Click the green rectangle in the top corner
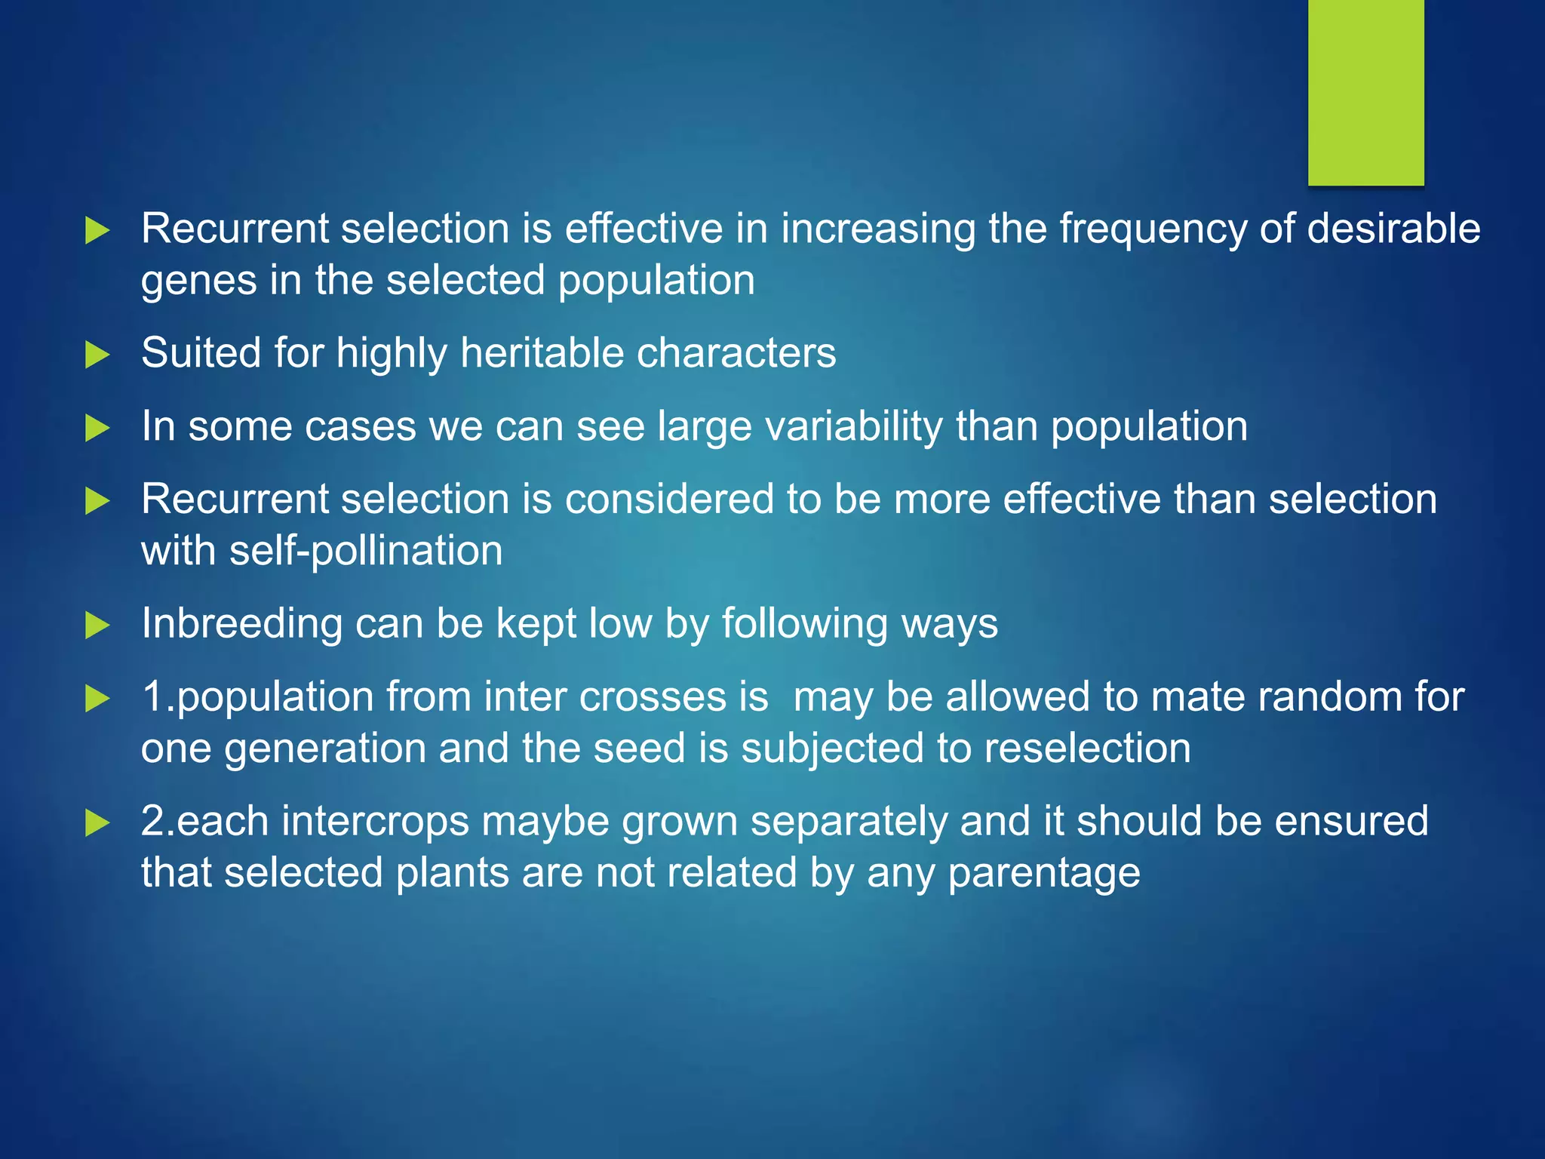point(1365,92)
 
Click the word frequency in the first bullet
point(1153,229)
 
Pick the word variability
point(853,426)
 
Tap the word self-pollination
point(366,551)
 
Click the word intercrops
point(375,822)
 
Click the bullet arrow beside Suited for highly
point(97,354)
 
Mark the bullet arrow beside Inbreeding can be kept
point(97,625)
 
